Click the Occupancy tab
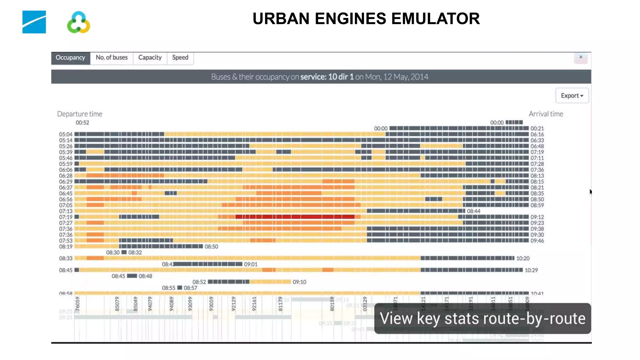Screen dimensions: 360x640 tap(70, 58)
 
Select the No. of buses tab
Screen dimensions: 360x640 tap(112, 58)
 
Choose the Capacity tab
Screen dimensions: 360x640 tap(150, 58)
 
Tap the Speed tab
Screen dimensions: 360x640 tap(180, 58)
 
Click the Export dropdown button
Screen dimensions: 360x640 tap(572, 96)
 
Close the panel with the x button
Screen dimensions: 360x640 tap(581, 57)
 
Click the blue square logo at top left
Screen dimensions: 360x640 tap(34, 22)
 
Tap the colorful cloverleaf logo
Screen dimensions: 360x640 tap(78, 22)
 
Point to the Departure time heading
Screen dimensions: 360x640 tap(80, 114)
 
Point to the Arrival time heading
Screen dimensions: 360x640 tap(546, 114)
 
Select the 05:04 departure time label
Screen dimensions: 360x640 tap(66, 134)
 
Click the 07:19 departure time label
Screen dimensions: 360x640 tap(66, 217)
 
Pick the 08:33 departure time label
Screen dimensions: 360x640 tap(66, 258)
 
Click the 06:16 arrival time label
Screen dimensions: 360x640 tap(537, 134)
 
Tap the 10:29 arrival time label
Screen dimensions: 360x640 tap(531, 270)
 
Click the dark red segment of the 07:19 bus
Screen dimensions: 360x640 tap(295, 217)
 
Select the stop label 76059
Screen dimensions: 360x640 tap(77, 304)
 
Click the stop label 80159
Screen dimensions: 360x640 tap(332, 304)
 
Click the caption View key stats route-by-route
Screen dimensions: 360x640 tap(482, 318)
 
